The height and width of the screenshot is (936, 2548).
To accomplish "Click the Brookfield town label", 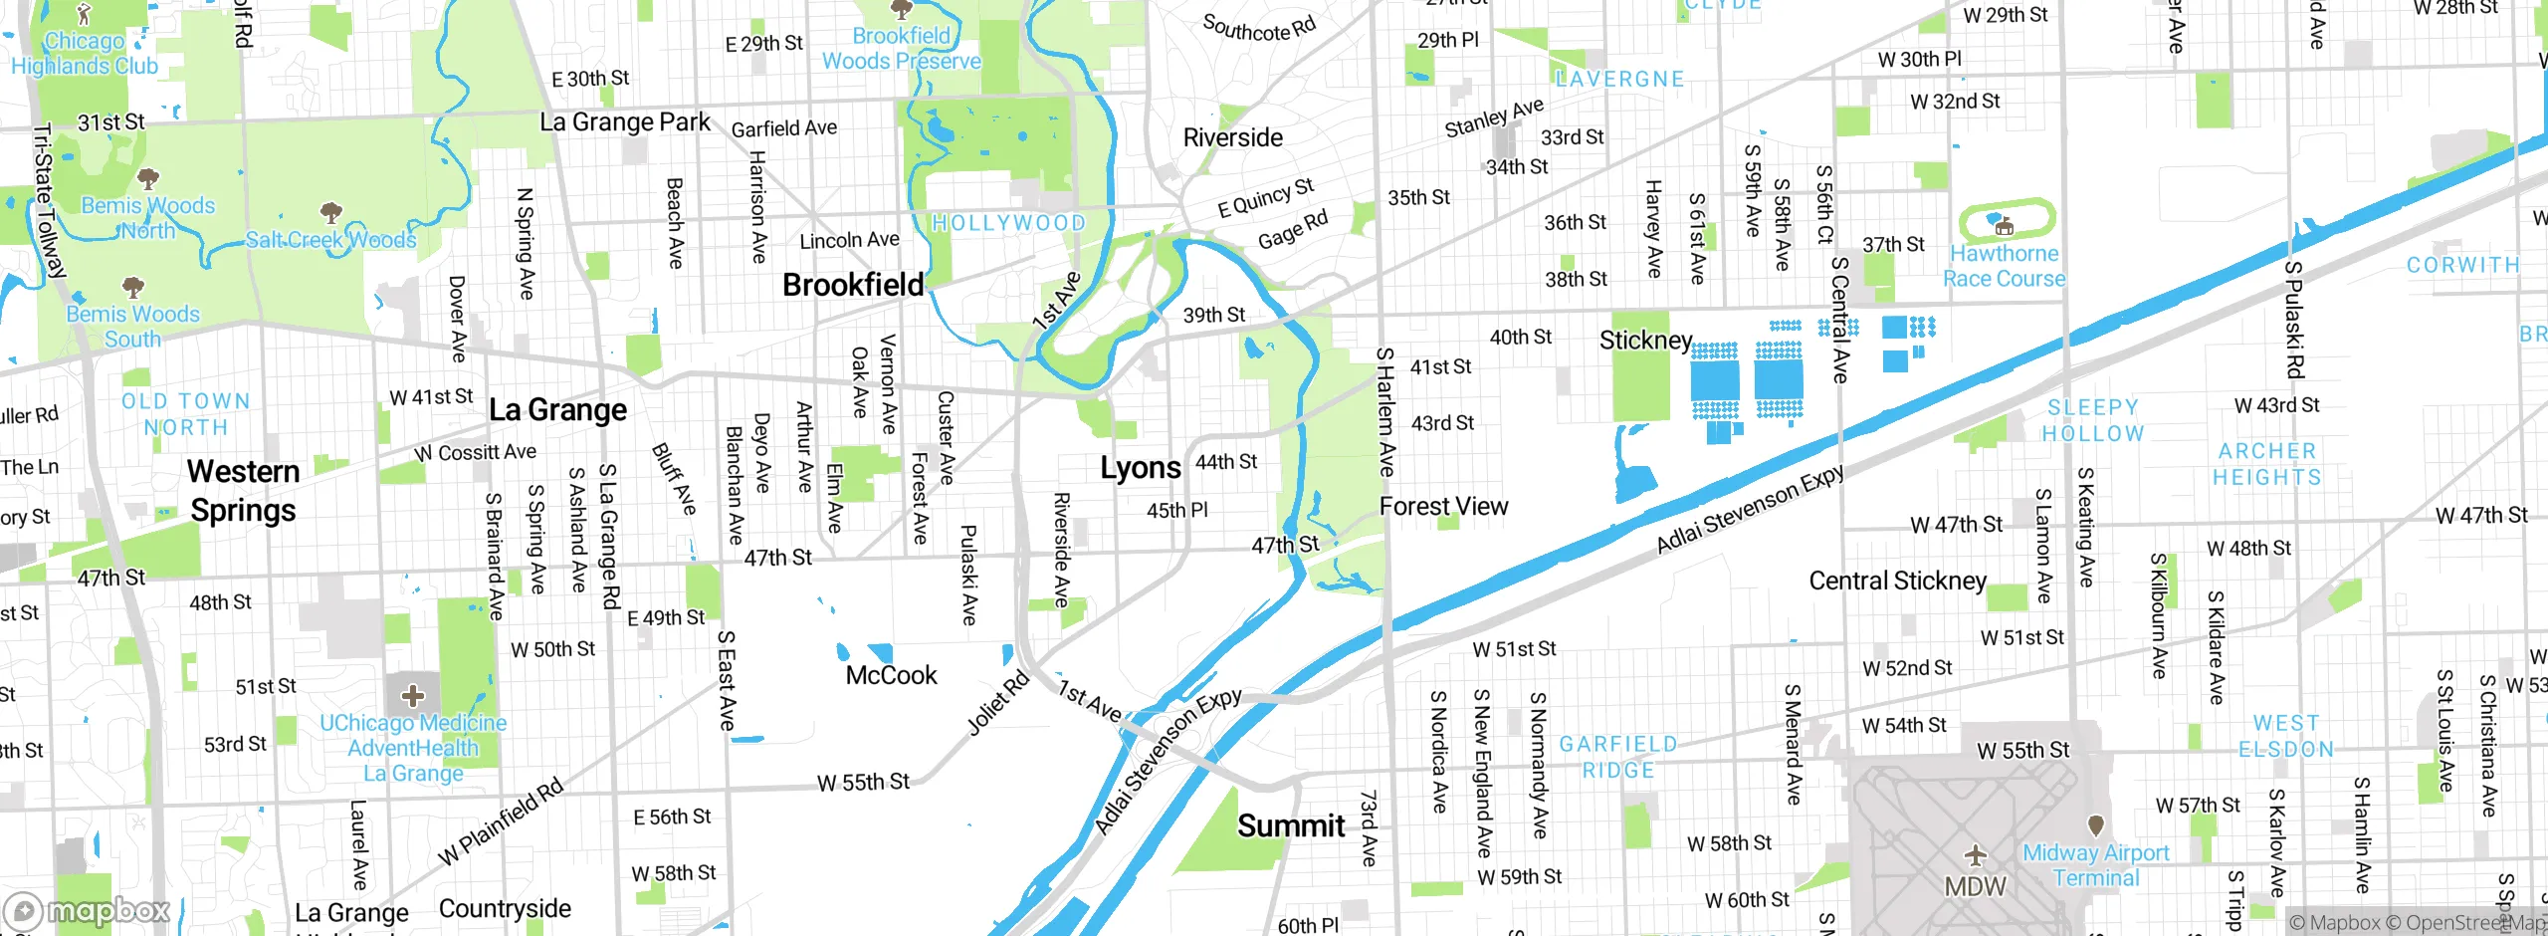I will [853, 285].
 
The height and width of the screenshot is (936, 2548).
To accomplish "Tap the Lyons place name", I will [1140, 468].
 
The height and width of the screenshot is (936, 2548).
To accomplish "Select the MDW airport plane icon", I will [1975, 855].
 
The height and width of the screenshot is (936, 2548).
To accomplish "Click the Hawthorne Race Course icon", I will [2005, 226].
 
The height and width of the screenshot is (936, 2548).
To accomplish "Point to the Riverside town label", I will [1232, 137].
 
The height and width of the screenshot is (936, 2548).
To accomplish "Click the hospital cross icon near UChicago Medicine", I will [413, 695].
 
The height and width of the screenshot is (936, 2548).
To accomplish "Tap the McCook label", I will [891, 675].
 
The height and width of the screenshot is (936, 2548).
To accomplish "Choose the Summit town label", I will [1290, 825].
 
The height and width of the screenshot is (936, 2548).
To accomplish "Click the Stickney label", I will [1644, 341].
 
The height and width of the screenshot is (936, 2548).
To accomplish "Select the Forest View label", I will [1443, 507].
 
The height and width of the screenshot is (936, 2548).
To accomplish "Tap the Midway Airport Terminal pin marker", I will [2095, 825].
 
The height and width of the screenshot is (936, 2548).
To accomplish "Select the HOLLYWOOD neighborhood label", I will [1007, 223].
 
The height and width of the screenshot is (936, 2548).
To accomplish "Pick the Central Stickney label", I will [1897, 581].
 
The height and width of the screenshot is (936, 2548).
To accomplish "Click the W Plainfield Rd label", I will [501, 821].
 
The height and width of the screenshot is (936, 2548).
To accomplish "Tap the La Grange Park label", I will [624, 122].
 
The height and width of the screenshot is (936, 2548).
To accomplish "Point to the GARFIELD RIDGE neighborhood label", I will [1617, 757].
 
